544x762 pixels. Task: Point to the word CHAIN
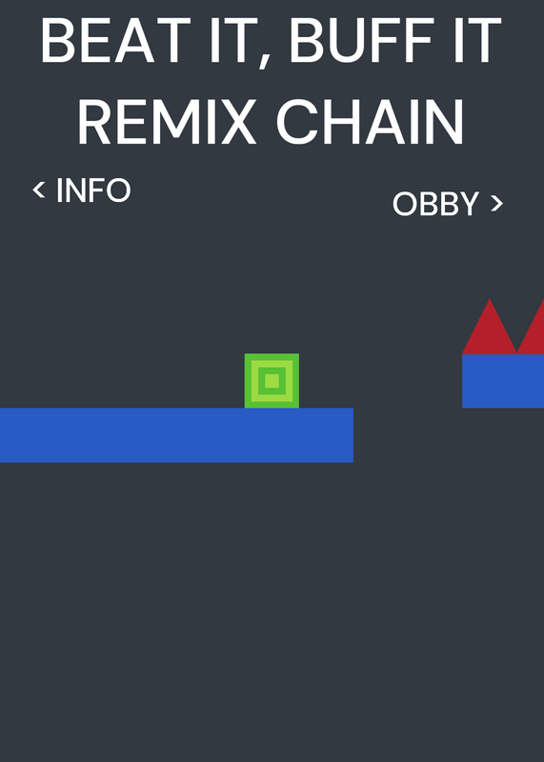pyautogui.click(x=371, y=122)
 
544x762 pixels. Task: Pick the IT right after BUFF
pyautogui.click(x=477, y=40)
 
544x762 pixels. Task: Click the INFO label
pyautogui.click(x=93, y=190)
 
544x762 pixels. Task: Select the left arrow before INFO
pyautogui.click(x=39, y=190)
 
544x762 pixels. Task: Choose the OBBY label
pyautogui.click(x=435, y=204)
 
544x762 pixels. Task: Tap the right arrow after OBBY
pyautogui.click(x=496, y=203)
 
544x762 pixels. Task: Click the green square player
pyautogui.click(x=272, y=380)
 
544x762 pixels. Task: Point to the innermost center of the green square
pyautogui.click(x=272, y=380)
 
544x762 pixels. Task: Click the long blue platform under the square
pyautogui.click(x=176, y=435)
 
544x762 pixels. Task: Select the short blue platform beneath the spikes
pyautogui.click(x=503, y=381)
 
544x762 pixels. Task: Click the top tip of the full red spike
pyautogui.click(x=490, y=299)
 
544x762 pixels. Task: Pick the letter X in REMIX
pyautogui.click(x=236, y=122)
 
